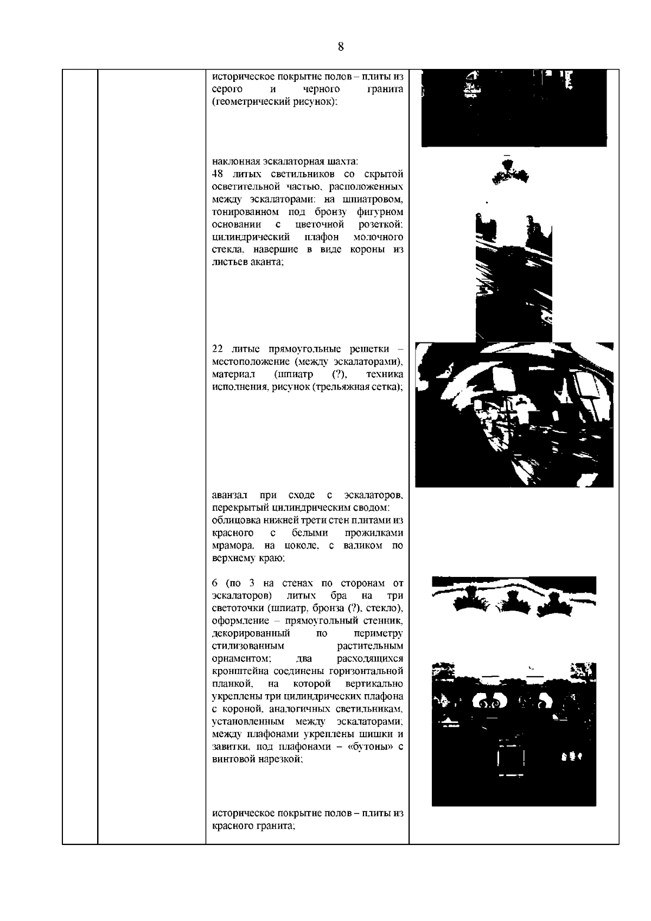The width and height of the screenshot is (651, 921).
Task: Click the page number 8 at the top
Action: coord(341,47)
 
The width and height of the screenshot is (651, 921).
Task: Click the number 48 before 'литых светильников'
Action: coord(217,174)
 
